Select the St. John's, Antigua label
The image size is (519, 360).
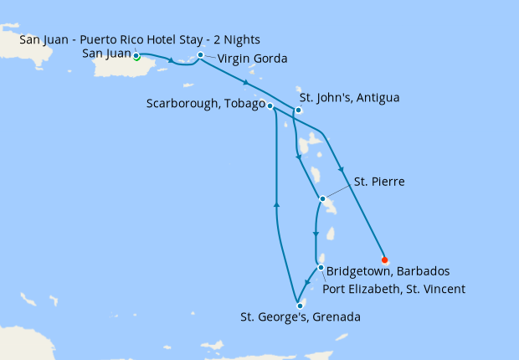point(349,98)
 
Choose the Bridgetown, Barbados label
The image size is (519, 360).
point(388,272)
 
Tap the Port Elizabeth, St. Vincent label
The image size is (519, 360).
point(393,290)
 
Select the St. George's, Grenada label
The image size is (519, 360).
point(300,317)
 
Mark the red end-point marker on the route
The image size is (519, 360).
point(384,260)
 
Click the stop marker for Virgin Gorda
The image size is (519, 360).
point(200,55)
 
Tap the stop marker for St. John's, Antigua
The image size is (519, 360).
point(298,110)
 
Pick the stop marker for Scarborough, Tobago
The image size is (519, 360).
point(270,105)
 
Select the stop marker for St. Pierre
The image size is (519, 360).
point(322,199)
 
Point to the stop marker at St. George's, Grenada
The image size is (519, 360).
point(300,306)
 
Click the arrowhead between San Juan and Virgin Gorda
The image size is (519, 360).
point(171,60)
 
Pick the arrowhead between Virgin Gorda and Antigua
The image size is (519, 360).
point(245,83)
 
